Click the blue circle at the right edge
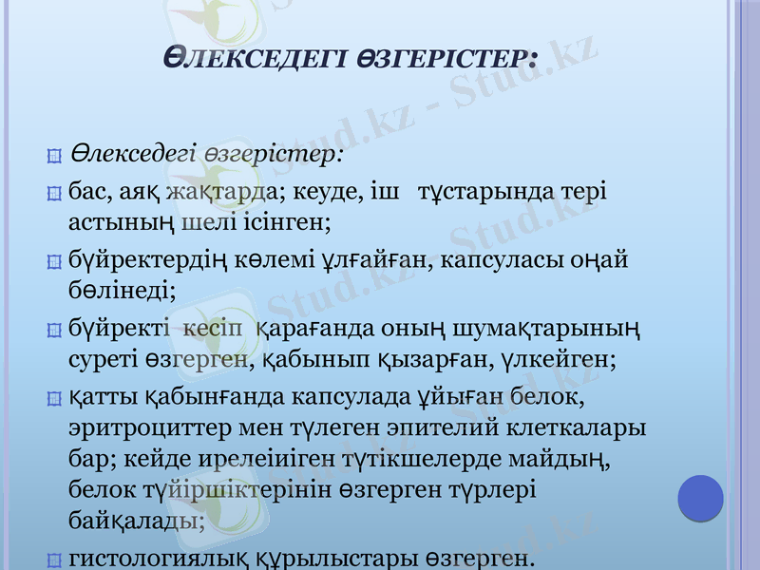(701, 498)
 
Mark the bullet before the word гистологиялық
(53, 559)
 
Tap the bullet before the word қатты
(53, 396)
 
